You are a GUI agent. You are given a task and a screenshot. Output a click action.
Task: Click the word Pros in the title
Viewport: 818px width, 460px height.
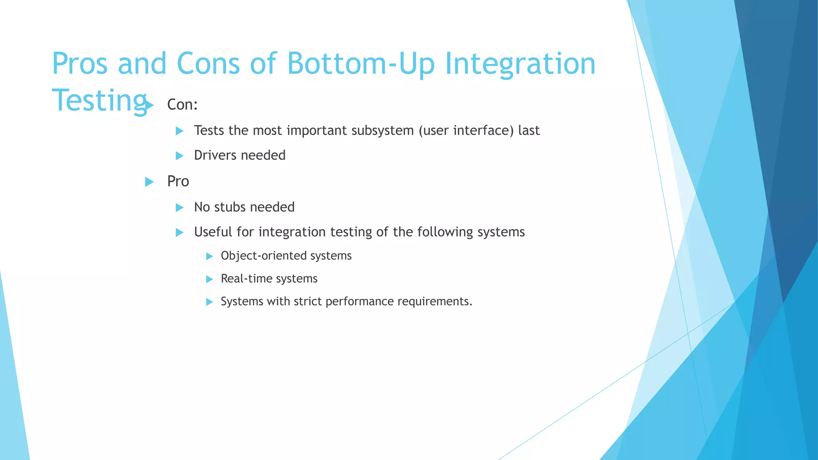click(80, 63)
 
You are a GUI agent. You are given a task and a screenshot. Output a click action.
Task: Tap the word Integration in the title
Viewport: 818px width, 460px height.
click(520, 63)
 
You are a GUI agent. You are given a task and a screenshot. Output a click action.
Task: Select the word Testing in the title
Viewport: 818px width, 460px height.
click(99, 100)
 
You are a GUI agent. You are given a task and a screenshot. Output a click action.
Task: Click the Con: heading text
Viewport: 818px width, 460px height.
click(182, 105)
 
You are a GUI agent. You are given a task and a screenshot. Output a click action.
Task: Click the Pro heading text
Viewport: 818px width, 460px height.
click(178, 181)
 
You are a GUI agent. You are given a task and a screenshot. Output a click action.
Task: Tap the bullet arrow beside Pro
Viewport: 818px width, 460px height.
click(149, 182)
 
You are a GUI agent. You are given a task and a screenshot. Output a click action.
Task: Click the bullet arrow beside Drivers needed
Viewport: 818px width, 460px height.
click(179, 156)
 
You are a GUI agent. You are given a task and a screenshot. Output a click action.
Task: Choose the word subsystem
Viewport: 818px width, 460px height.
click(382, 131)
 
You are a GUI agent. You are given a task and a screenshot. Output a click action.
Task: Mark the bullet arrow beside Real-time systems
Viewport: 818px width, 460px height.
click(209, 279)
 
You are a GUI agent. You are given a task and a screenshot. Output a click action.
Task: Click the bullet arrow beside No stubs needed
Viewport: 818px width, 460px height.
click(179, 208)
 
